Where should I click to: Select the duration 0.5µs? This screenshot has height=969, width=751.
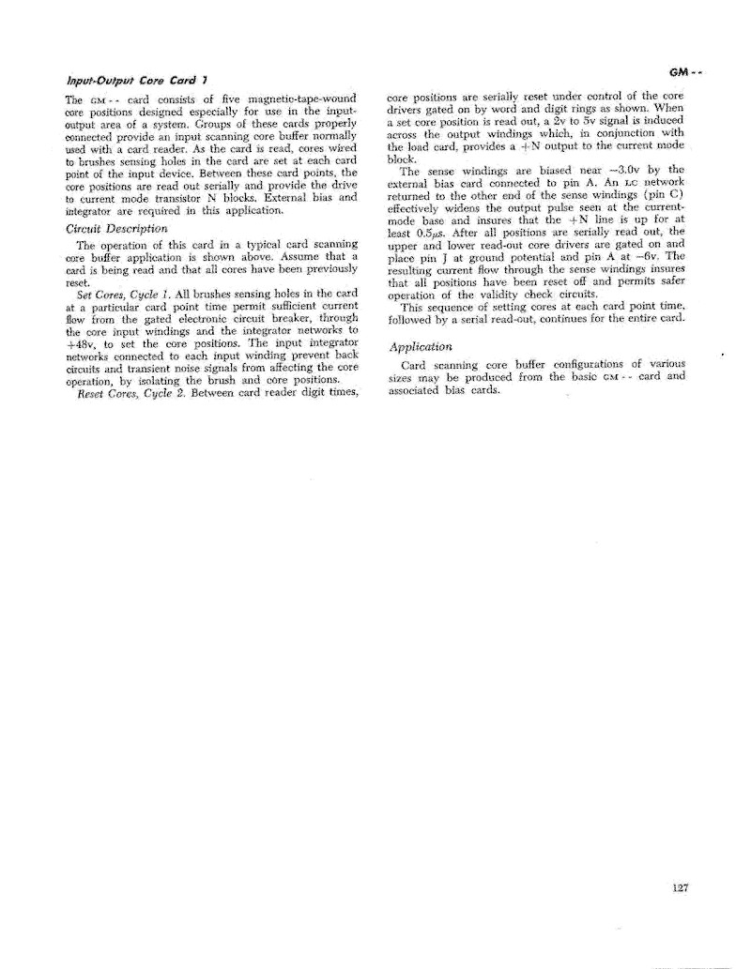click(x=432, y=232)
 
